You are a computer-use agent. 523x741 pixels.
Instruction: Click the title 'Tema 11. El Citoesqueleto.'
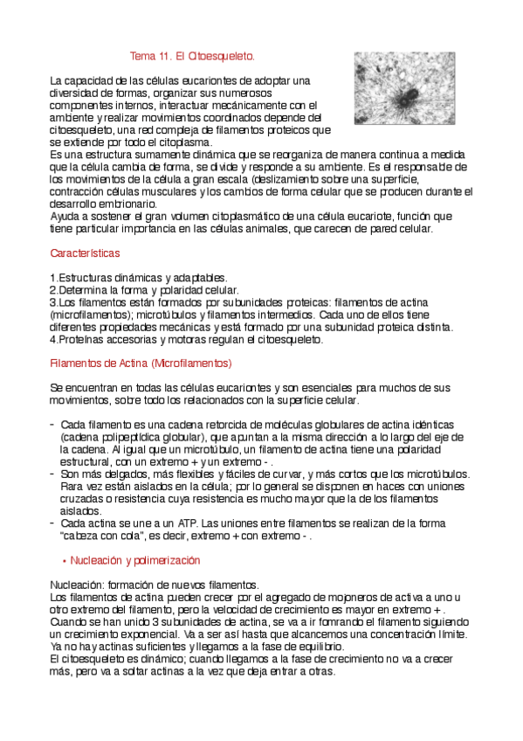(x=192, y=56)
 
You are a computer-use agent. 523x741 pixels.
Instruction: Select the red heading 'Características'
(x=85, y=253)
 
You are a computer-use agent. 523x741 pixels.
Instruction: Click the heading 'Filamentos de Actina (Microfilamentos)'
(x=141, y=362)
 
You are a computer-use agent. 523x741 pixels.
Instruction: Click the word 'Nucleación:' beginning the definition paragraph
(x=77, y=584)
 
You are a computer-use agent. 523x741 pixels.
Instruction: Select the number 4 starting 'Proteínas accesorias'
(x=52, y=339)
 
